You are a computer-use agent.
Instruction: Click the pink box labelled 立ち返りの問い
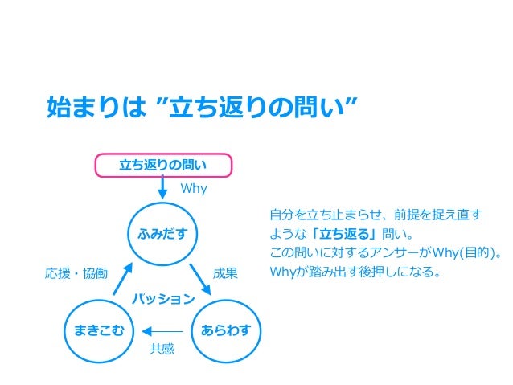tap(163, 166)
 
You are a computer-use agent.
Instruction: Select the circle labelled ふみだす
tap(162, 234)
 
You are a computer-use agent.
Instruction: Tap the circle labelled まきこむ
tap(99, 330)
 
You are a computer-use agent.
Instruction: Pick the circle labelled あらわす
tap(226, 330)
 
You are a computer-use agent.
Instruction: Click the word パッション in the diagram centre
tap(163, 299)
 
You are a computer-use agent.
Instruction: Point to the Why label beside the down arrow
tap(193, 189)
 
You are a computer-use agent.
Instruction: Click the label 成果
tap(225, 273)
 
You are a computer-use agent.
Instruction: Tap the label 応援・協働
tap(75, 273)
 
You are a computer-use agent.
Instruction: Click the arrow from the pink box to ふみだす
tap(162, 188)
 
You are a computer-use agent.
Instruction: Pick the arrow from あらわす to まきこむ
tap(162, 330)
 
